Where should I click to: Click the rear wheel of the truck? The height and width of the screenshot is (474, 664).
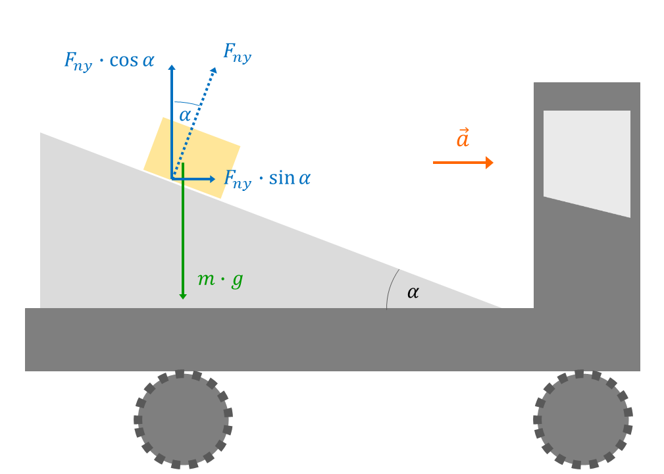point(183,419)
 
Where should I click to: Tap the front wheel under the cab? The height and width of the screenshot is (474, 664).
point(582,419)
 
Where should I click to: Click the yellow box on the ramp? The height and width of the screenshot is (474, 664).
point(192,157)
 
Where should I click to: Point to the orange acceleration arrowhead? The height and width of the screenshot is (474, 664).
point(490,163)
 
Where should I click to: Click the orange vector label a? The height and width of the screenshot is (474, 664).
point(463,138)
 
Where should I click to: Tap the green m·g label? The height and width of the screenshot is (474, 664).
point(220,280)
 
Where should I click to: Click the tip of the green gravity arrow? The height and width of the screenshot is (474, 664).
point(183,299)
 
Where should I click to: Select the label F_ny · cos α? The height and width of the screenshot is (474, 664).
point(109,61)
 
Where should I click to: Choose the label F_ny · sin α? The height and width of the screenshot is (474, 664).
point(267,178)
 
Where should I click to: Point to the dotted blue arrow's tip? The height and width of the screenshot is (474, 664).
point(216,68)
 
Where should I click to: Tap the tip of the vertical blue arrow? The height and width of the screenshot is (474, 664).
point(172,65)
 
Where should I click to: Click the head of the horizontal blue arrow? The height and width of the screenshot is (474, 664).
point(213,179)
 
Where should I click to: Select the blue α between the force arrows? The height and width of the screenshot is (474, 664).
point(185,115)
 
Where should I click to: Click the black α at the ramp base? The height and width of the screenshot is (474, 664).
point(413,292)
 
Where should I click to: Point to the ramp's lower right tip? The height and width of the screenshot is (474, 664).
point(501,308)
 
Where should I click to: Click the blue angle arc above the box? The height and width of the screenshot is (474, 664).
point(186,103)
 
